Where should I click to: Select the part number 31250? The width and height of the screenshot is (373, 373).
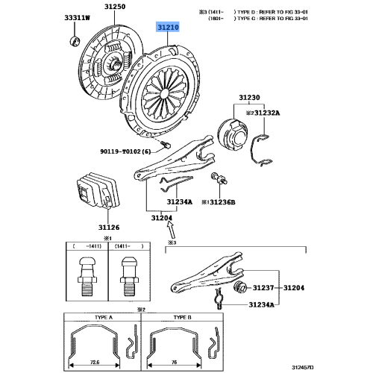tap(114, 7)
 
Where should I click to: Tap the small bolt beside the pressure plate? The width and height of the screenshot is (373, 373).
tap(166, 143)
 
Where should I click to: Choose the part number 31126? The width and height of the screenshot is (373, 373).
tap(90, 228)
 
